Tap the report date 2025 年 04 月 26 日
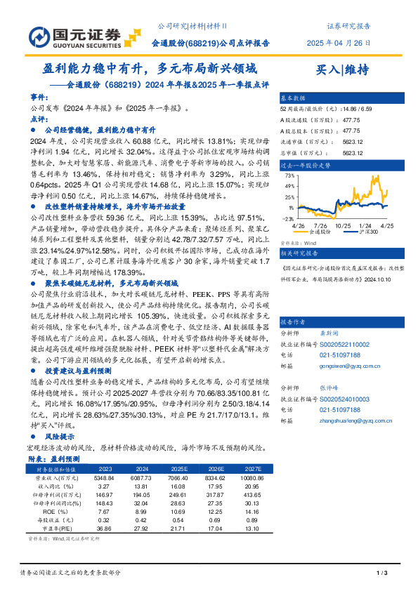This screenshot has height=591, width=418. [339, 42]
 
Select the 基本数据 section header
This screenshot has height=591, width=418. [294, 98]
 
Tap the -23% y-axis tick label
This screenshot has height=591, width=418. [288, 218]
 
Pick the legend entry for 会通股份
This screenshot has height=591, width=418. [320, 231]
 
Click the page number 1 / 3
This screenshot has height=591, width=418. [383, 574]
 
